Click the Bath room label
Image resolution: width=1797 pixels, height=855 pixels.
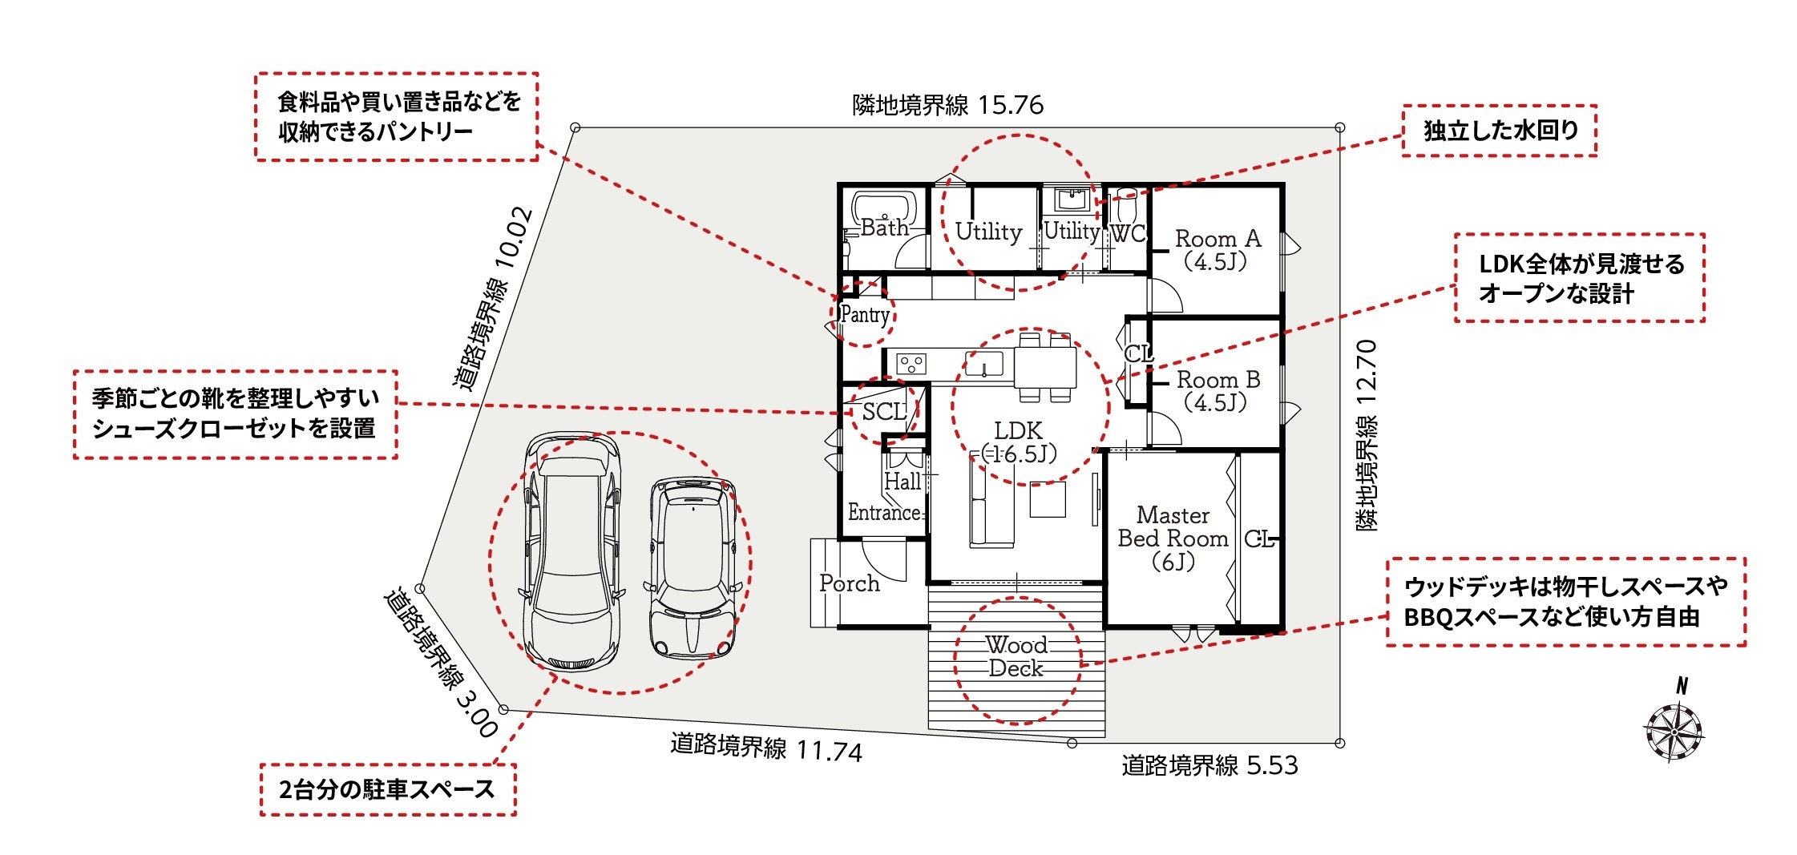[885, 228]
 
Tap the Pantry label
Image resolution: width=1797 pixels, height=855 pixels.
[865, 315]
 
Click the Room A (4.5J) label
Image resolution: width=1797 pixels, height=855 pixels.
[1218, 250]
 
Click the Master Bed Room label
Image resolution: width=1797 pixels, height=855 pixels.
[1173, 538]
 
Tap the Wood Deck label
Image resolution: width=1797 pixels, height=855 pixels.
[1016, 656]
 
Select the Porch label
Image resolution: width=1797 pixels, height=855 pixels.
[850, 583]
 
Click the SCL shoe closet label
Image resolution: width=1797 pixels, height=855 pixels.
[884, 412]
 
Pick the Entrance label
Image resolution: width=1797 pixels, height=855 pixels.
[884, 513]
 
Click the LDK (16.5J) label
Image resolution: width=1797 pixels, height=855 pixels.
[1019, 442]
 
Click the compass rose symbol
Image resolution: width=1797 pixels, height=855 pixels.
[1674, 731]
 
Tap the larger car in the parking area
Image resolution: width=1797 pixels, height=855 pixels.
[572, 551]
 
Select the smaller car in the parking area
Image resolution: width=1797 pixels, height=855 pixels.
[693, 568]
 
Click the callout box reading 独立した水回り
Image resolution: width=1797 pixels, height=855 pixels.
[1499, 131]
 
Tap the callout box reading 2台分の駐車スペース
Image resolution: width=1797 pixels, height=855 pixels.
[388, 790]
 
